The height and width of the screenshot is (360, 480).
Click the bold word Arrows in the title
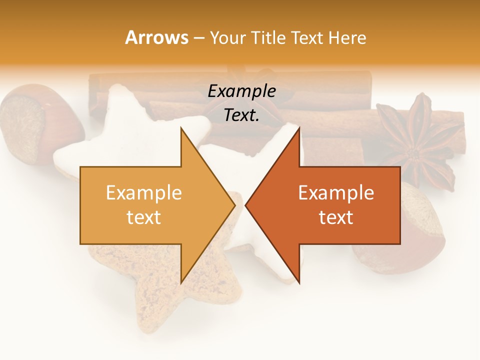(x=156, y=37)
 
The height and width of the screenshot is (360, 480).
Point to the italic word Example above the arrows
(x=241, y=91)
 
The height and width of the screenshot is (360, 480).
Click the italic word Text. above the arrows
(x=241, y=115)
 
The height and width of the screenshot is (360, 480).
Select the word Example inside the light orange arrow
(x=143, y=192)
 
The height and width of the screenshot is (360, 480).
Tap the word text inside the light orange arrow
(x=143, y=217)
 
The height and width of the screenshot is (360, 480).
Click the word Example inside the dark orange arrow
(x=336, y=192)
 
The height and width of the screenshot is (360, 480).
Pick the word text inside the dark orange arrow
(x=336, y=217)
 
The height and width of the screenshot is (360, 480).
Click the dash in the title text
(x=198, y=38)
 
